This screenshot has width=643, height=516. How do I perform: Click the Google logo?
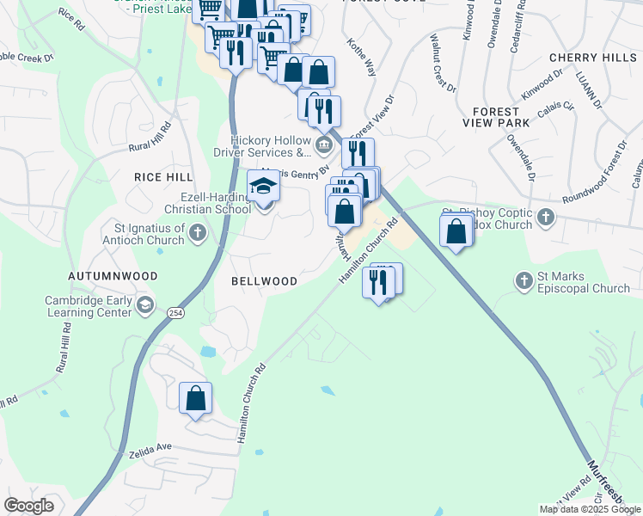click(x=28, y=506)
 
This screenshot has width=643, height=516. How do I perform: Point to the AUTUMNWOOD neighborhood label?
click(x=113, y=276)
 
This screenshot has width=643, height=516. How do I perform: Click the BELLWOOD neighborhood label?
click(x=265, y=281)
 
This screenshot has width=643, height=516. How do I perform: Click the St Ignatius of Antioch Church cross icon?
click(x=198, y=232)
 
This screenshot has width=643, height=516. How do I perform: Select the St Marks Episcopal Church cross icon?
click(x=524, y=279)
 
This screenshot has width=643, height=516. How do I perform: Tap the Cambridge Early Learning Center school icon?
click(x=146, y=304)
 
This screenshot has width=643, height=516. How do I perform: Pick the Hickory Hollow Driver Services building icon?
click(x=324, y=144)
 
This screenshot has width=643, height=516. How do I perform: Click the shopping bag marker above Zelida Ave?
click(x=196, y=398)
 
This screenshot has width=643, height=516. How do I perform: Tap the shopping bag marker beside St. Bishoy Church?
click(x=456, y=230)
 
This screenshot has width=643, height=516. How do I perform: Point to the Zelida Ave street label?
click(x=151, y=449)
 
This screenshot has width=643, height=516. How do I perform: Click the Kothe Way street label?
click(x=361, y=57)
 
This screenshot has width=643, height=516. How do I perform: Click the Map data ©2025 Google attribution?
click(x=590, y=509)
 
